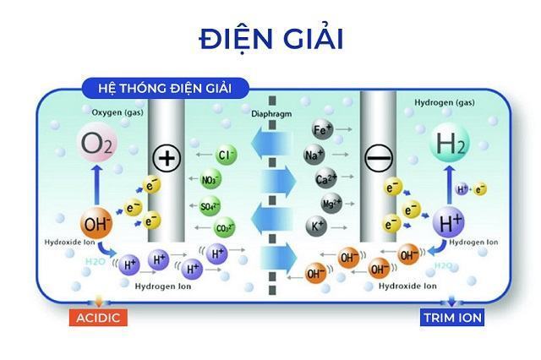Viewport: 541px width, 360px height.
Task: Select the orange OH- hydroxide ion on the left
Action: (x=97, y=224)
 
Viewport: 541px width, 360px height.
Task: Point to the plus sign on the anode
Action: (x=167, y=158)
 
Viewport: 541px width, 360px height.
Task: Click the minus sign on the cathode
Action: (x=378, y=157)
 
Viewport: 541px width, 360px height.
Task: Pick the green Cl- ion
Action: (x=225, y=155)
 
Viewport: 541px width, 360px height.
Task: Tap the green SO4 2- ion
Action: (x=209, y=205)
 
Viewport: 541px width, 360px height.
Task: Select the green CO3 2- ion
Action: (x=225, y=228)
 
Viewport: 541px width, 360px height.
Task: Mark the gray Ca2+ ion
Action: (x=326, y=179)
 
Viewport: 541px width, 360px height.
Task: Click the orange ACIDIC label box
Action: (x=99, y=317)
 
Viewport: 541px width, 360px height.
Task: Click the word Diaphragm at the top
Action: (x=270, y=112)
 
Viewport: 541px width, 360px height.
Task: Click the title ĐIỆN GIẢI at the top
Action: (x=270, y=39)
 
